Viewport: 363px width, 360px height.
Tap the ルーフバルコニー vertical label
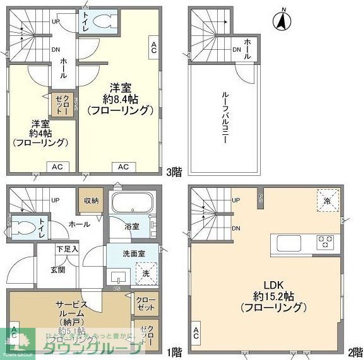(x=224, y=119)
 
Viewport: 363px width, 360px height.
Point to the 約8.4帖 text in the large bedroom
(x=121, y=98)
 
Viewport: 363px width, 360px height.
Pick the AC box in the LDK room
(x=196, y=332)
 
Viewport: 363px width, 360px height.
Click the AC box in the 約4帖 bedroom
(x=56, y=166)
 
